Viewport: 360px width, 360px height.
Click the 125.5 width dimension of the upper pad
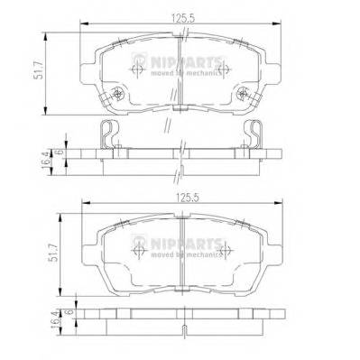[x=184, y=18]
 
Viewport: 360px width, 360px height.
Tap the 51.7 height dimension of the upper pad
[x=39, y=69]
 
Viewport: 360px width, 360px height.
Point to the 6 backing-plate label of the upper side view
[x=60, y=152]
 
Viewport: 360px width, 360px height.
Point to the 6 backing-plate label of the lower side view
[x=70, y=312]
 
